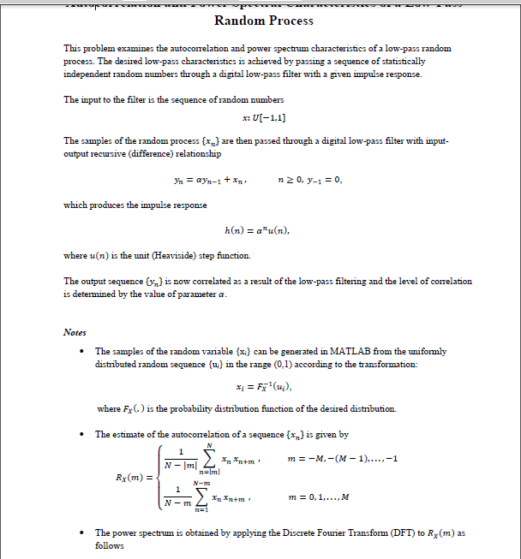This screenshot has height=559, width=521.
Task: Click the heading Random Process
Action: point(263,21)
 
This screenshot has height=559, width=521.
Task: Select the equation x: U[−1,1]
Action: point(265,117)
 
